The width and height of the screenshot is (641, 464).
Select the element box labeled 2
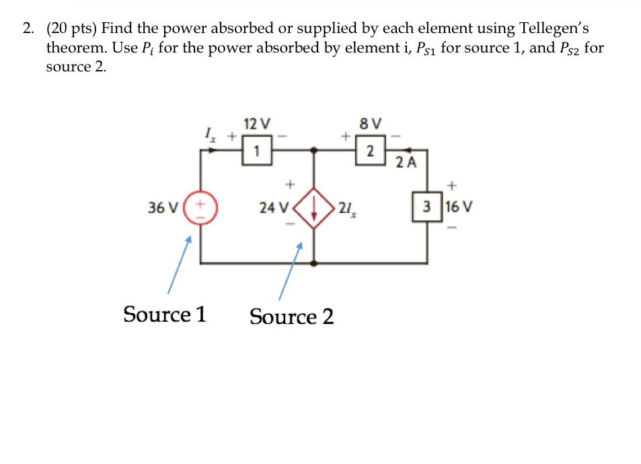pyautogui.click(x=369, y=151)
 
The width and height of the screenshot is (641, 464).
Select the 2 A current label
pyautogui.click(x=405, y=162)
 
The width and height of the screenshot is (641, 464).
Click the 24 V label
pyautogui.click(x=272, y=207)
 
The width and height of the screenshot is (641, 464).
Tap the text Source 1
pyautogui.click(x=165, y=314)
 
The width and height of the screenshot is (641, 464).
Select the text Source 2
pyautogui.click(x=291, y=316)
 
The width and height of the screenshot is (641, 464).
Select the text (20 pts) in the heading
pyautogui.click(x=71, y=29)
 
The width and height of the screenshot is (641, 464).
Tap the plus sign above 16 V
pyautogui.click(x=452, y=183)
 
